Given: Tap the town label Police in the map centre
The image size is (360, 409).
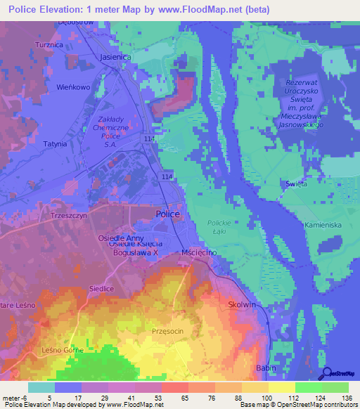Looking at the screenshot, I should [167, 214].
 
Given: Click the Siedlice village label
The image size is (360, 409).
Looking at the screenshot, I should [101, 288].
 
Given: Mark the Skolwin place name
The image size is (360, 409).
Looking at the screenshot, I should [243, 304].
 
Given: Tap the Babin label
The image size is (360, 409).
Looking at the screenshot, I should [264, 368].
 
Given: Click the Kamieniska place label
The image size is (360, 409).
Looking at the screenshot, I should [323, 225].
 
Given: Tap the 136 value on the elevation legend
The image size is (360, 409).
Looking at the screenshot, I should [347, 397].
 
